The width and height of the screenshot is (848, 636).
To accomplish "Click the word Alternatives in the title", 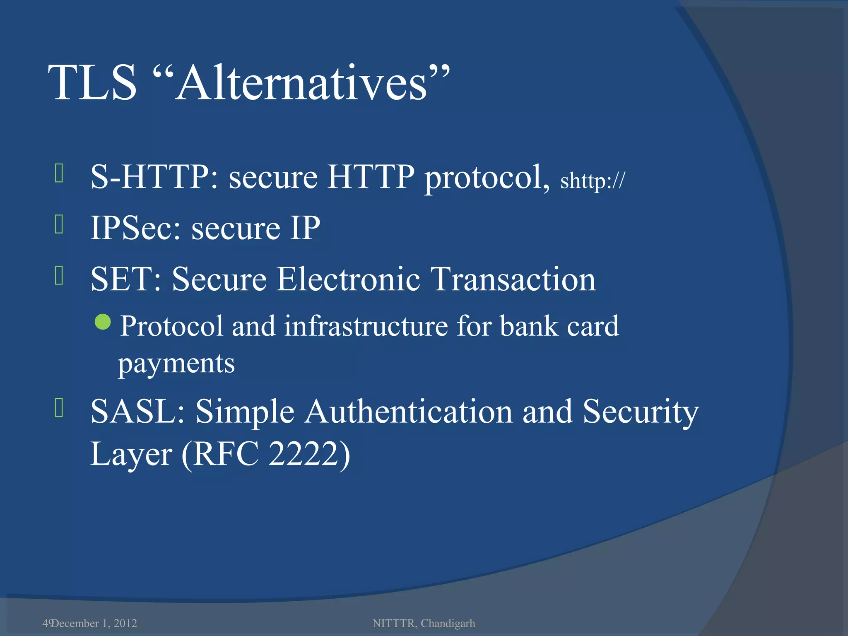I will click(301, 83).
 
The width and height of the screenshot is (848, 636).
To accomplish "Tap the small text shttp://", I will click(592, 181).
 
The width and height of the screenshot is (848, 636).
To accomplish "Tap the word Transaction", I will click(513, 279).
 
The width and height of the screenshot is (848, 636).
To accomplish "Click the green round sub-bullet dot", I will click(103, 322).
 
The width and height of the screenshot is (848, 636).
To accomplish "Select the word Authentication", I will click(409, 412).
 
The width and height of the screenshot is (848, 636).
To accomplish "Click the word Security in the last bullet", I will click(641, 412).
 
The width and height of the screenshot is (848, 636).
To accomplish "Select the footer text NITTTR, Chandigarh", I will click(424, 623).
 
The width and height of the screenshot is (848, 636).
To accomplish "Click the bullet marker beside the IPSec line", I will click(59, 224).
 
